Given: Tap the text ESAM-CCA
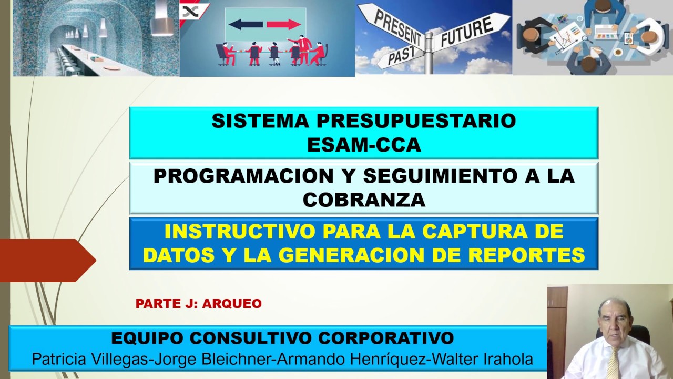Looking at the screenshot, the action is pos(364,145).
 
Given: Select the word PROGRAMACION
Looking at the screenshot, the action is pos(243,176).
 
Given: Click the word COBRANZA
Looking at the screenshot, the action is pos(364,200).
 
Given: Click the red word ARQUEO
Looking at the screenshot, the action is pos(232,304).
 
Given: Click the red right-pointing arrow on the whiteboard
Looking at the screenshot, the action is pos(283,24).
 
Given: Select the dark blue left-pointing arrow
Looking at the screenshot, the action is pos(246,24).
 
